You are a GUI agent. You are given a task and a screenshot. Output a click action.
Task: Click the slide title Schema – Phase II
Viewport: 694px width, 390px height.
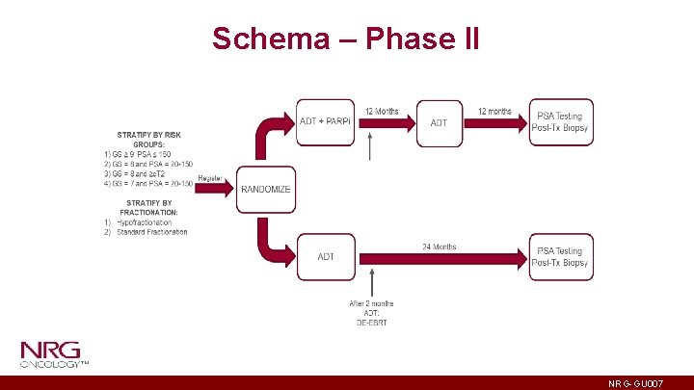coord(346,39)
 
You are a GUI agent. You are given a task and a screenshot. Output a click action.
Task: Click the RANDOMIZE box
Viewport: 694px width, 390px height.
coord(265,189)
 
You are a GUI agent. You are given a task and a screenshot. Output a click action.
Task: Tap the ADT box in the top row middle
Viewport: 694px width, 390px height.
coord(439,122)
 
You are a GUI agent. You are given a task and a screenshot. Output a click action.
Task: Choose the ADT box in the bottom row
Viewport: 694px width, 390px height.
coord(327,256)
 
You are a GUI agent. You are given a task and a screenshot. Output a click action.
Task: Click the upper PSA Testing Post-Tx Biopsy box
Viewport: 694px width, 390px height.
coord(561,122)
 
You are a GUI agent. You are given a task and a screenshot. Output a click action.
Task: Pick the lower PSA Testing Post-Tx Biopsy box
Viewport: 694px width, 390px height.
coord(561,257)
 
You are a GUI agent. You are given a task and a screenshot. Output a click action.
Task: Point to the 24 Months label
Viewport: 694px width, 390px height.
coord(439,247)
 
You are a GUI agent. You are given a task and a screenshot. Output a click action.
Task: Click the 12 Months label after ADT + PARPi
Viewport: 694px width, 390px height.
coord(382,112)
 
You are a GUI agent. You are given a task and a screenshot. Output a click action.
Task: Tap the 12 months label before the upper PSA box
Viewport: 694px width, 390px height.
coord(494,112)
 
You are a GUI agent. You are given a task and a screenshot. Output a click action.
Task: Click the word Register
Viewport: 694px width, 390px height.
coord(210,178)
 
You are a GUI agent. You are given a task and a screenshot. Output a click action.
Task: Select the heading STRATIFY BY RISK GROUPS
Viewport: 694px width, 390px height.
coord(148,140)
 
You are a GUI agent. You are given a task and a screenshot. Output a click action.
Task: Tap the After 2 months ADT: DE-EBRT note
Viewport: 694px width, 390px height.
coord(371,313)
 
